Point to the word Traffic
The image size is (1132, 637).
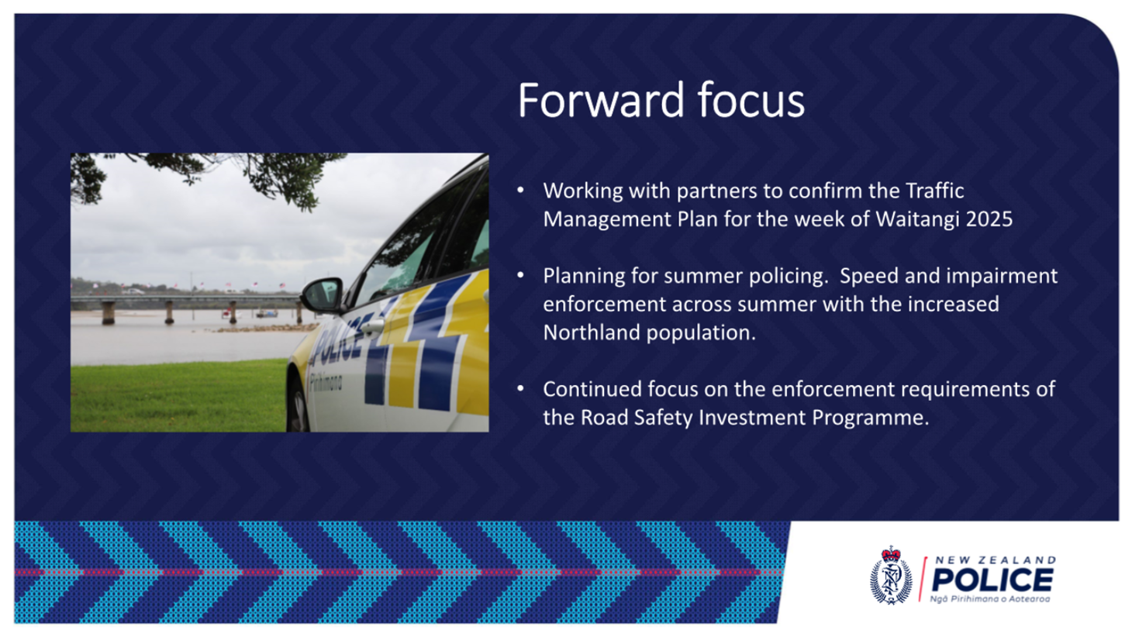935,191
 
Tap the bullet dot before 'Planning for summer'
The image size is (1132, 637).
521,276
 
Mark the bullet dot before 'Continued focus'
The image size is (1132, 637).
521,389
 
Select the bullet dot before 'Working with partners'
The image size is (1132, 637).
521,191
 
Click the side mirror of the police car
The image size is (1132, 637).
322,295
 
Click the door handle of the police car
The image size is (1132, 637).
372,327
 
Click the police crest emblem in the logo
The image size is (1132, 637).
891,575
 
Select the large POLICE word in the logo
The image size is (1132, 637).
992,580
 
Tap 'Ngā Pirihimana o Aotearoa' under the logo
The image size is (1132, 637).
990,599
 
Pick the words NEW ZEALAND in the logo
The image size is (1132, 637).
996,560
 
